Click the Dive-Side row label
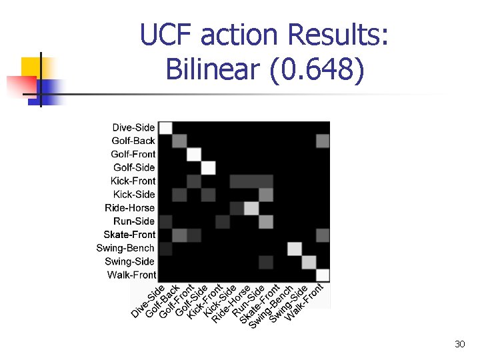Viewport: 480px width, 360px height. pos(133,127)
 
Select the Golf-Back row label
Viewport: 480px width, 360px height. pos(133,141)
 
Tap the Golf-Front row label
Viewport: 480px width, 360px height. pos(133,154)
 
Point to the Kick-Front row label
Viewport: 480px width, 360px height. pos(133,181)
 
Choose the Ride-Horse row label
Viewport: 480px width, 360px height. pos(130,207)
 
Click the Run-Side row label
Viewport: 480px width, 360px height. pos(134,221)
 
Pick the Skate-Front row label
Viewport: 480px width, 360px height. pos(129,234)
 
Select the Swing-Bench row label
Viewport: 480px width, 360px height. pos(125,248)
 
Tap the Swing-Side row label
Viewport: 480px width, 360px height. pos(130,261)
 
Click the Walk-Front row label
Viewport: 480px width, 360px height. pos(131,275)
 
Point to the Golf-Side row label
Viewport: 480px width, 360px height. pos(134,167)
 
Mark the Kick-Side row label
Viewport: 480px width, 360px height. pos(134,194)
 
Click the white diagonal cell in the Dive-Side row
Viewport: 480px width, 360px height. pos(165,128)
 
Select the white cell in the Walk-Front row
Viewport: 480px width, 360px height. pos(323,275)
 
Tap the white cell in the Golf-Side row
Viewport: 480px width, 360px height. pos(208,168)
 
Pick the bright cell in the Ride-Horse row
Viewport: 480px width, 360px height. pos(251,208)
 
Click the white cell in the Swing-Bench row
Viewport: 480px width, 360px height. pos(294,248)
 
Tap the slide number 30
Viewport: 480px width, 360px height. pos(459,344)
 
